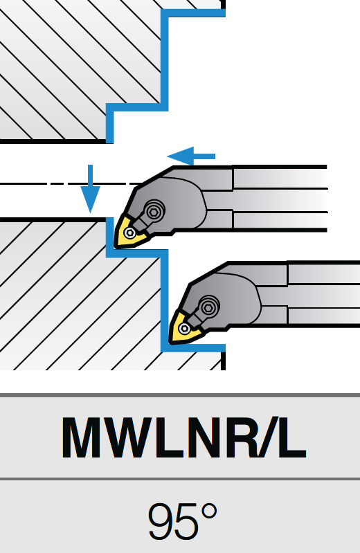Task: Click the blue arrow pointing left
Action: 191,156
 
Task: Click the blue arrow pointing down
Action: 91,189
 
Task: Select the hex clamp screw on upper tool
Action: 154,211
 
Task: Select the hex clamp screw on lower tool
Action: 208,307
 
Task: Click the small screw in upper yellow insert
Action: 130,233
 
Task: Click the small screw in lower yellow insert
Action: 184,328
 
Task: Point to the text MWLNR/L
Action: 184,438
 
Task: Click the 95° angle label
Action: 182,521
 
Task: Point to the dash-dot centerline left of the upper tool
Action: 71,183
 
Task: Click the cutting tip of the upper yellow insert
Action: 116,247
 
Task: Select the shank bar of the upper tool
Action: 280,199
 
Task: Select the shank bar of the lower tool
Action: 323,293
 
